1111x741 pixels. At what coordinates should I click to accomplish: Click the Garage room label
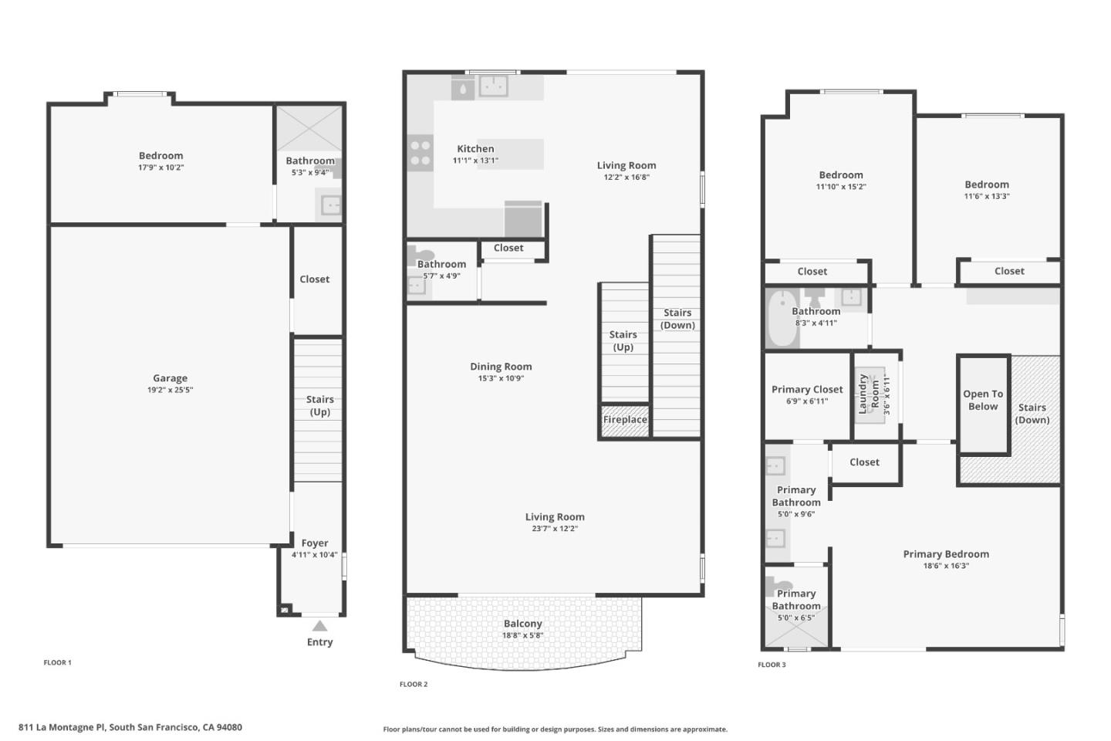pyautogui.click(x=170, y=378)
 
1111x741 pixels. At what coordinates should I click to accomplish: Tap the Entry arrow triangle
pyautogui.click(x=320, y=626)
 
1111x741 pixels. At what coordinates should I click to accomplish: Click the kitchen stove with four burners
pyautogui.click(x=420, y=154)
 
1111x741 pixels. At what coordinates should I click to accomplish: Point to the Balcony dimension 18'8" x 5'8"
pyautogui.click(x=523, y=635)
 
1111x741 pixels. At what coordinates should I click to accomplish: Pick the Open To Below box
pyautogui.click(x=984, y=404)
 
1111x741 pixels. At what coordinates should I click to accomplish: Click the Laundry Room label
pyautogui.click(x=869, y=394)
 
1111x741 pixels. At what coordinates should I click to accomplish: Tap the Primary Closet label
pyautogui.click(x=807, y=390)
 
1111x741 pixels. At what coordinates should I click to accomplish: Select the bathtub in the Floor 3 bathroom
pyautogui.click(x=782, y=318)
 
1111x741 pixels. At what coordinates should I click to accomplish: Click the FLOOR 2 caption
pyautogui.click(x=414, y=684)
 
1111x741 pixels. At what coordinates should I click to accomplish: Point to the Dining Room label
pyautogui.click(x=501, y=367)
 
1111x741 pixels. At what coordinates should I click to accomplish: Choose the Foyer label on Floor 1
pyautogui.click(x=315, y=543)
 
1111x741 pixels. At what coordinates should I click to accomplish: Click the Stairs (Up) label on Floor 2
pyautogui.click(x=623, y=340)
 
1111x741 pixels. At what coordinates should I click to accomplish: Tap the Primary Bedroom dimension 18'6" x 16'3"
pyautogui.click(x=946, y=565)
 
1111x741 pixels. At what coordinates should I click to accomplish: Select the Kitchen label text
pyautogui.click(x=475, y=148)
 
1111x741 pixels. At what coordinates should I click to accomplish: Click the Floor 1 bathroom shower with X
pyautogui.click(x=309, y=128)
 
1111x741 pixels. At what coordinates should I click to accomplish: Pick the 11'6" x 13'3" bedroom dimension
pyautogui.click(x=987, y=195)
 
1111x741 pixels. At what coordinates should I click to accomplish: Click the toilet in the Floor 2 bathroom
pyautogui.click(x=417, y=256)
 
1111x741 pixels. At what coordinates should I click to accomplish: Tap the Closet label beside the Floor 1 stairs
pyautogui.click(x=315, y=279)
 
